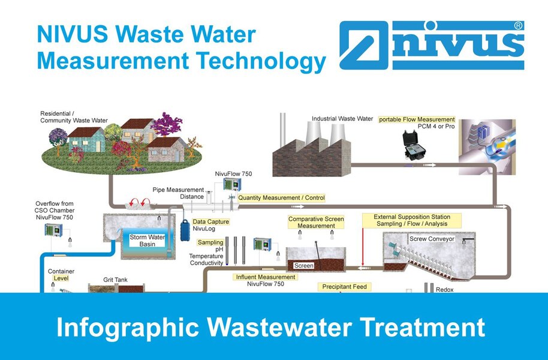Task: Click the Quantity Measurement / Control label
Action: point(281,198)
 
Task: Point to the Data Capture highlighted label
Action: point(210,222)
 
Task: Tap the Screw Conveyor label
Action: point(432,239)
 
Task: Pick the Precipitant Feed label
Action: point(344,287)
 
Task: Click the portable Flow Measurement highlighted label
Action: point(417,119)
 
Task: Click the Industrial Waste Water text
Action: point(342,119)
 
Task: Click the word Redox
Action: point(445,290)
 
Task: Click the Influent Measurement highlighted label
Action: point(267,277)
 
